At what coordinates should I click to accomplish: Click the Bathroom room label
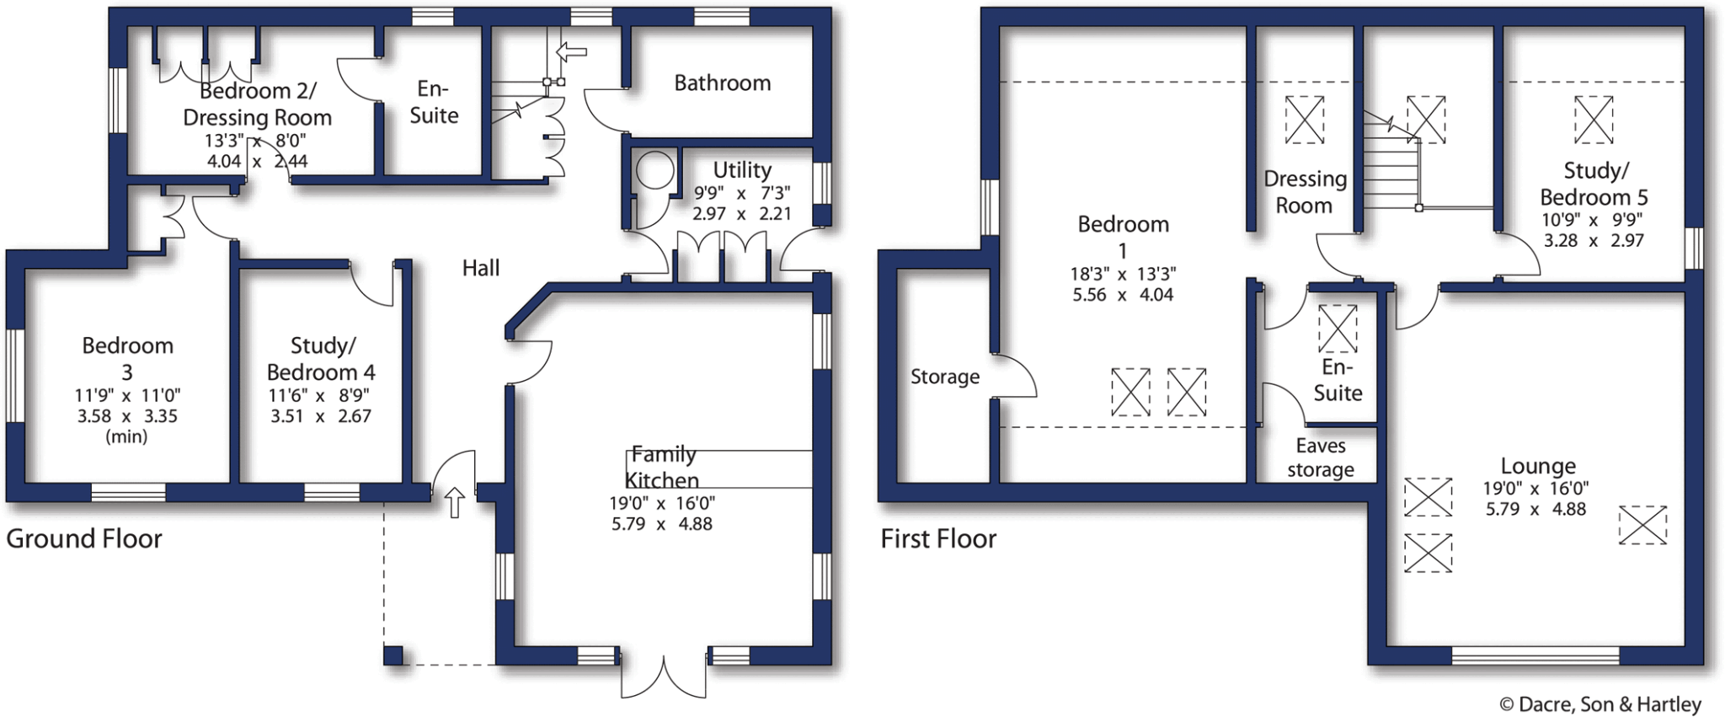[x=722, y=83]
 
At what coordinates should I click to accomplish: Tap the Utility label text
[x=742, y=170]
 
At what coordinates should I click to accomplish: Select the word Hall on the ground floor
[x=481, y=268]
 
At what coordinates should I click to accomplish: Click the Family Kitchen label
[x=664, y=468]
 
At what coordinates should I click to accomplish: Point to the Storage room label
[x=945, y=377]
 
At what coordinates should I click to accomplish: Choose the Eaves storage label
[x=1321, y=457]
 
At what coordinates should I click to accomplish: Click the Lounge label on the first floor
[x=1538, y=466]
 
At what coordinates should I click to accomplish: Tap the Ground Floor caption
[x=84, y=538]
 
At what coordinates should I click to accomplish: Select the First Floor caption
[x=938, y=538]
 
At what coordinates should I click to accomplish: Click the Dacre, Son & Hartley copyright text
[x=1600, y=704]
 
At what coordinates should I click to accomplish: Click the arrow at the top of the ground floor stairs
[x=572, y=52]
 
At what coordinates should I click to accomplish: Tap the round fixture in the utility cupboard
[x=654, y=171]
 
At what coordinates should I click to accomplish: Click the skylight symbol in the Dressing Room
[x=1304, y=120]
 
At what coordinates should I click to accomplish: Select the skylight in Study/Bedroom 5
[x=1594, y=120]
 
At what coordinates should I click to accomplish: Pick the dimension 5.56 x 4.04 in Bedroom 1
[x=1123, y=295]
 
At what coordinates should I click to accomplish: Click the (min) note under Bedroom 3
[x=126, y=436]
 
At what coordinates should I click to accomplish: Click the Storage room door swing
[x=1014, y=376]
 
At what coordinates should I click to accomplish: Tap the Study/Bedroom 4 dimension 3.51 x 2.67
[x=320, y=416]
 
